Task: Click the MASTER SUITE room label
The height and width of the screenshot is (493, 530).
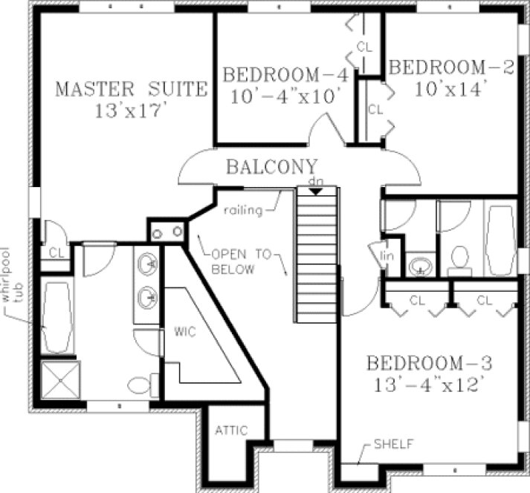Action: (131, 90)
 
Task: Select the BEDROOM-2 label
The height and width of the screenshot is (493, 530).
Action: (451, 68)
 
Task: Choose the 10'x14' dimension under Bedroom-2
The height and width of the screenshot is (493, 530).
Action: (445, 88)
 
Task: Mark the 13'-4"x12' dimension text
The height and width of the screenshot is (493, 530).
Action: (429, 385)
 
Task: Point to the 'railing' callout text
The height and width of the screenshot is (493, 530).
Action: (245, 211)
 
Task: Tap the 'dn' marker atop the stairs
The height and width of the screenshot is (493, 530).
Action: (316, 182)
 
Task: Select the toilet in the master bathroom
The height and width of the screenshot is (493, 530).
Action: (141, 385)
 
